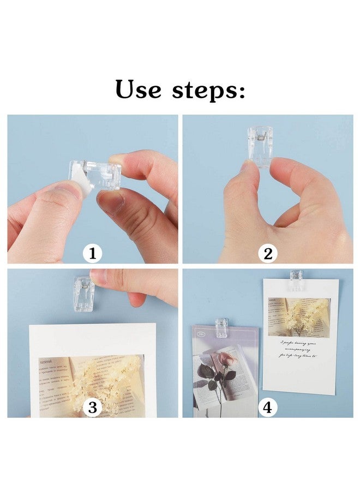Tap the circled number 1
(x=93, y=253)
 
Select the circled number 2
(x=267, y=253)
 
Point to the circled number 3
(x=93, y=407)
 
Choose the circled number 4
(x=267, y=407)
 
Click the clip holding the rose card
(x=221, y=328)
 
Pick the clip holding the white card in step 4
(x=296, y=279)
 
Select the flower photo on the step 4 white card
(x=299, y=316)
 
